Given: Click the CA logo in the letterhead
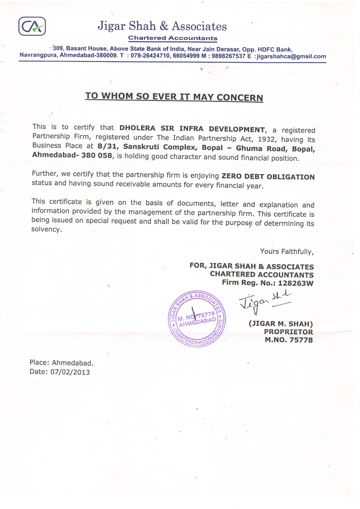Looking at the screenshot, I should tap(32, 27).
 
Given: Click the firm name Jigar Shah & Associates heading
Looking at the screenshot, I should tap(162, 26).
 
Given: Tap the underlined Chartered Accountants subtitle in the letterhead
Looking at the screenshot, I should tap(172, 38).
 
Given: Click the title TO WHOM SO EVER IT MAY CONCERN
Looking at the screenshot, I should tap(174, 97).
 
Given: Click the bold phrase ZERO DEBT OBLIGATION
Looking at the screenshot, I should tap(268, 177).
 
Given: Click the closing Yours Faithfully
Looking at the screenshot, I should tap(287, 252).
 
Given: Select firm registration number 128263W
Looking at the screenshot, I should tap(296, 283).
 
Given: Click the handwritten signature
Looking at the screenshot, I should tap(264, 301).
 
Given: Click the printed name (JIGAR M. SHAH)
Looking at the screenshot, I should tap(280, 324).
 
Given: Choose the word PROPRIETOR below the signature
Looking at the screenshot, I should tap(288, 332).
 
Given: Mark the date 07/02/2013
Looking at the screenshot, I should tap(70, 372).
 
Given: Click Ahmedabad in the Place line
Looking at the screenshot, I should tap(73, 363).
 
